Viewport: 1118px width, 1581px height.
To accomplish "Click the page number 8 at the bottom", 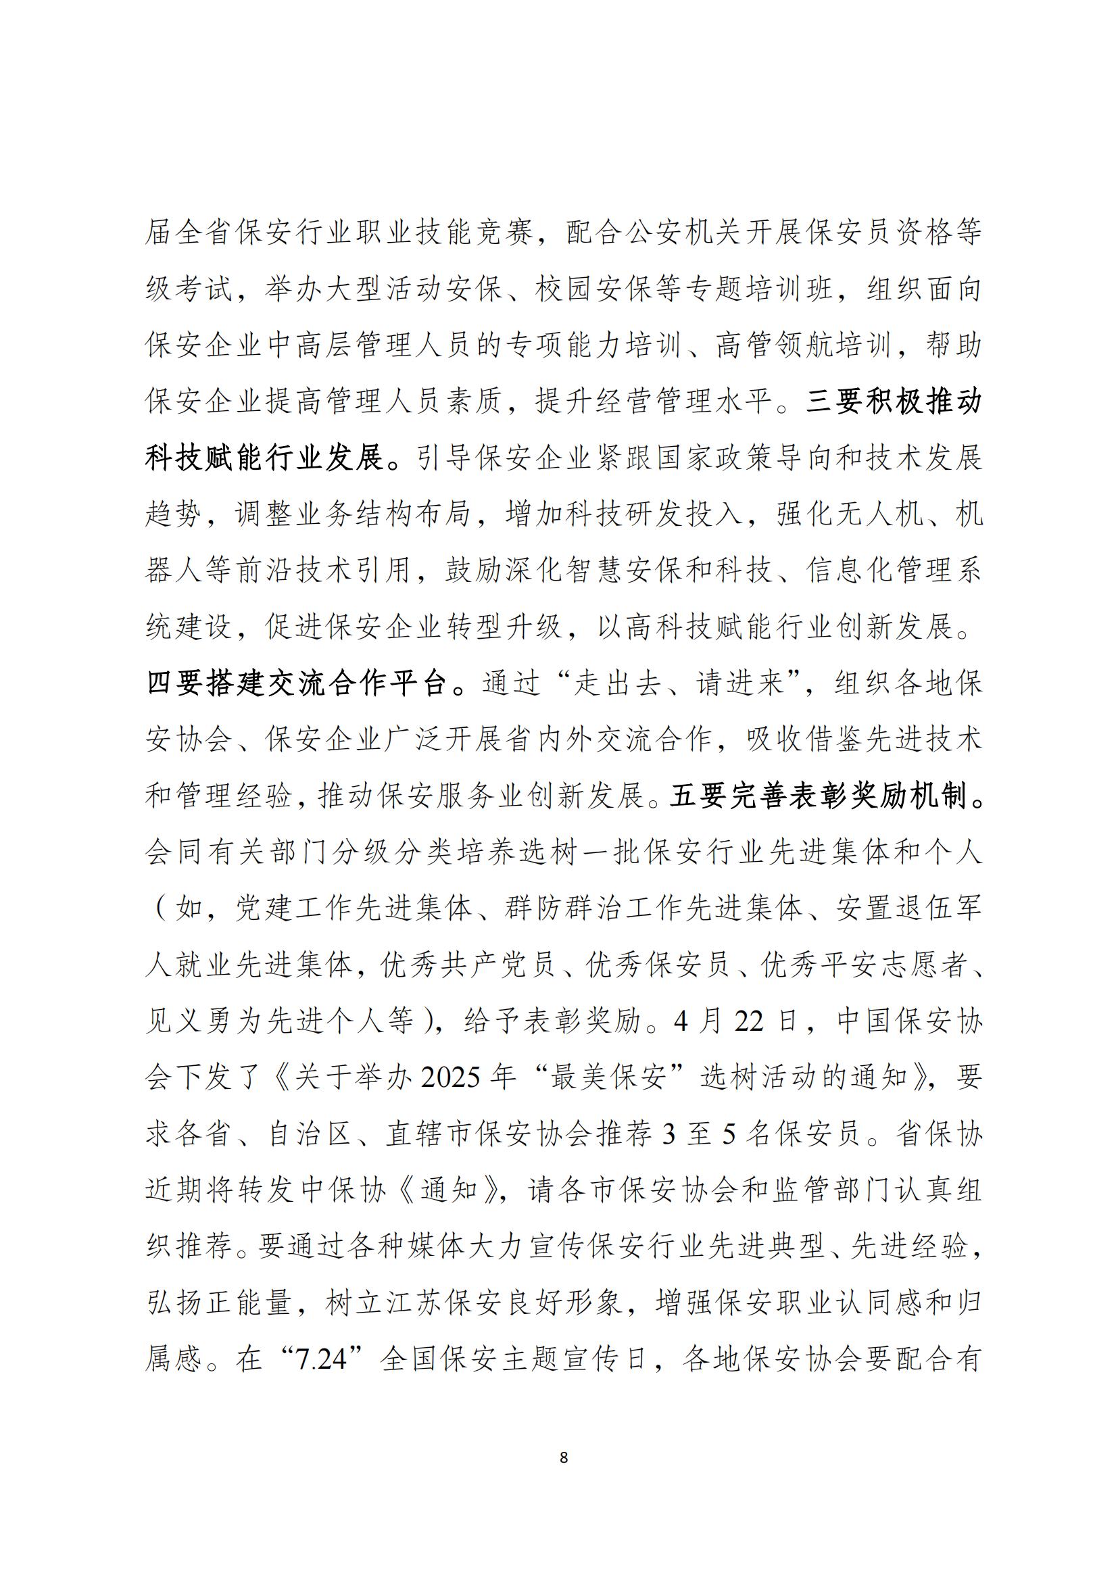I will point(564,1457).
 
